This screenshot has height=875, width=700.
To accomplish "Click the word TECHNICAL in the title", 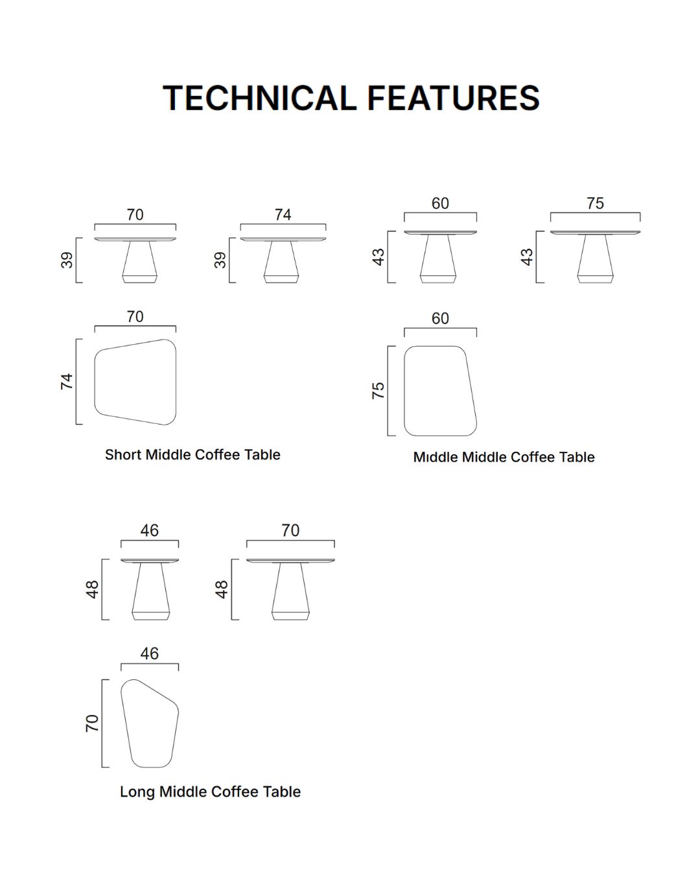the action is (259, 98).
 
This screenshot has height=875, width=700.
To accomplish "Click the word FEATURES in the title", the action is (454, 98).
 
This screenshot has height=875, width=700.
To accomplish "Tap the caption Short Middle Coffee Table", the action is (192, 454).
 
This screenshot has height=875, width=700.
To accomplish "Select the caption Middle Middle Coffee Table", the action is (504, 457).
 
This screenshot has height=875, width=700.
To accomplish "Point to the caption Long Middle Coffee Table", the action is (210, 791).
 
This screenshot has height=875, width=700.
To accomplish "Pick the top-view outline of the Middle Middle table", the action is (404, 391).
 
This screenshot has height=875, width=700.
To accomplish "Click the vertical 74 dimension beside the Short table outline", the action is (67, 381).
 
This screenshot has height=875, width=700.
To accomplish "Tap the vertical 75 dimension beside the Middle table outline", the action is (378, 390).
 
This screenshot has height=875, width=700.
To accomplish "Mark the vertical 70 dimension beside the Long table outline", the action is (92, 723).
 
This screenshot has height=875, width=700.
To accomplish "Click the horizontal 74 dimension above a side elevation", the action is (283, 215).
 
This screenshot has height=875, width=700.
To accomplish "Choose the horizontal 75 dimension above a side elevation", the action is (595, 204).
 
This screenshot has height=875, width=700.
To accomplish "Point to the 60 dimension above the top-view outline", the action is (440, 318).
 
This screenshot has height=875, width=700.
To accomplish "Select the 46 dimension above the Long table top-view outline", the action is (149, 654).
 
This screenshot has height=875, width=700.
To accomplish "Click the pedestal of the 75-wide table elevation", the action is (595, 259).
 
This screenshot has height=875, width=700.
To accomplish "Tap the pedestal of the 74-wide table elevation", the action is (281, 262).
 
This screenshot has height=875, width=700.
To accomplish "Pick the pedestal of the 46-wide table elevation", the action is (150, 591).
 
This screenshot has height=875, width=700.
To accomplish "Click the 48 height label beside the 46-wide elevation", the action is (92, 590).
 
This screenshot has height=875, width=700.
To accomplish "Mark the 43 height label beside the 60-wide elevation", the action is (379, 257).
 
